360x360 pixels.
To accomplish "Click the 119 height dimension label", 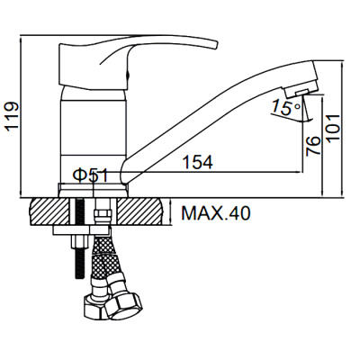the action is (13, 116).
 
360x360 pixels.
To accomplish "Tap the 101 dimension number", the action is (334, 127).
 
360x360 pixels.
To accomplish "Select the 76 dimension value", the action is (314, 146).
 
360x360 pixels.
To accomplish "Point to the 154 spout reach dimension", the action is (198, 162).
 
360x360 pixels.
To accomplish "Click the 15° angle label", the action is (285, 108).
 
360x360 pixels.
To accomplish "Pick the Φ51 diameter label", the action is (91, 175).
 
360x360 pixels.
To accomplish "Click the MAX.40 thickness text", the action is (216, 213).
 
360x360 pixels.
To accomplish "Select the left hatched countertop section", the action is (49, 212).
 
